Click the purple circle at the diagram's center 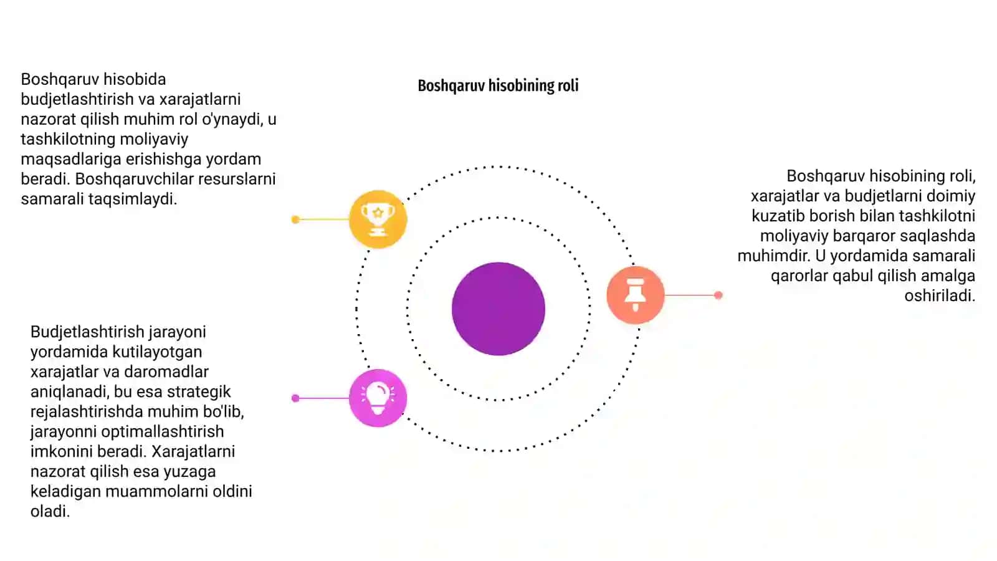tap(498, 309)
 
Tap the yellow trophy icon tap(378, 219)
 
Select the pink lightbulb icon tap(378, 398)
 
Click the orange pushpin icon tap(636, 295)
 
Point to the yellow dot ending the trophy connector tap(295, 219)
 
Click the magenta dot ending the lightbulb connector tap(295, 398)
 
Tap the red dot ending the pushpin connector tap(718, 295)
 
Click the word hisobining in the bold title tap(519, 85)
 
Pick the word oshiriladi tap(940, 295)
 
